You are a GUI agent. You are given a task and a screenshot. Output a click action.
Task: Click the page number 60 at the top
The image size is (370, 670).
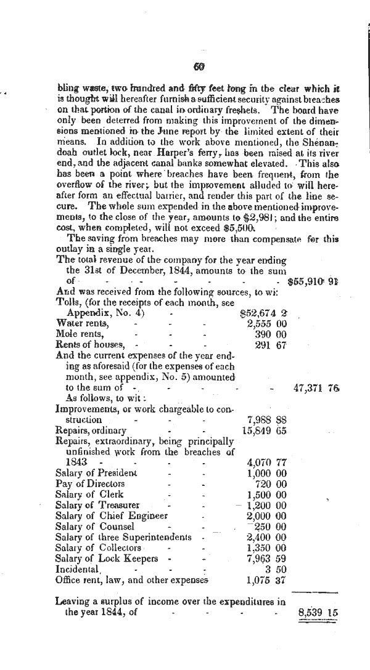click(199, 67)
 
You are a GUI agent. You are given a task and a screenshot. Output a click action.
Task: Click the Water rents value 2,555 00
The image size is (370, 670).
click(266, 323)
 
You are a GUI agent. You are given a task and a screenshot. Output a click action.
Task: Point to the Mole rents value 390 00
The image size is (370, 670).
click(270, 333)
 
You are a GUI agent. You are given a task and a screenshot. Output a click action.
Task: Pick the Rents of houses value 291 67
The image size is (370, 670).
click(270, 344)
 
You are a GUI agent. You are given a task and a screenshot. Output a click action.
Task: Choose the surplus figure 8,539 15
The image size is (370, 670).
click(318, 612)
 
